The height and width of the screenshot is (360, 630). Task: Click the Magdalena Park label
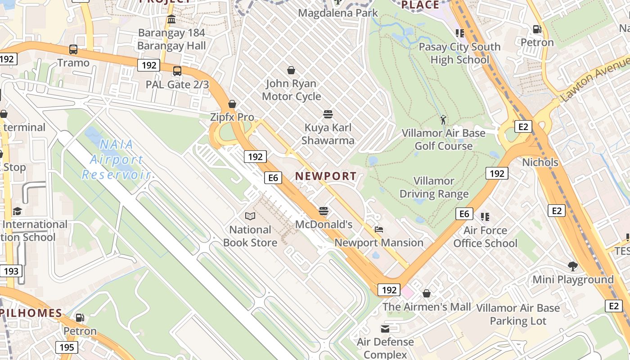tap(338, 13)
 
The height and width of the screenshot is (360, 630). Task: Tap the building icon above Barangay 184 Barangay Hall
tap(171, 19)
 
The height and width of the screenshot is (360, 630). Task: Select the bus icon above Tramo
tap(73, 49)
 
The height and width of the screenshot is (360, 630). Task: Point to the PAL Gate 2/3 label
tap(177, 84)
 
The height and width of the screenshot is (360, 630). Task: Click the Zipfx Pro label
tap(232, 117)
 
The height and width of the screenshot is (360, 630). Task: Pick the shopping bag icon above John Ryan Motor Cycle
tap(291, 70)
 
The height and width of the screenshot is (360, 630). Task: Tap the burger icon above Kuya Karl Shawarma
tap(328, 114)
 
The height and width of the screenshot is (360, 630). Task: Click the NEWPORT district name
tap(326, 176)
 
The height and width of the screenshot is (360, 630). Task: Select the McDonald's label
tap(324, 224)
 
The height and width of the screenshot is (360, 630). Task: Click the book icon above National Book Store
tap(250, 216)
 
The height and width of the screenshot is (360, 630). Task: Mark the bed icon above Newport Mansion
tap(379, 229)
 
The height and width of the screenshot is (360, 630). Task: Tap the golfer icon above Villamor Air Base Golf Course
tap(444, 120)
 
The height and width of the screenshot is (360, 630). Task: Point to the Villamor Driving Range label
tap(434, 188)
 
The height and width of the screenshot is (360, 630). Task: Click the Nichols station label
tap(540, 162)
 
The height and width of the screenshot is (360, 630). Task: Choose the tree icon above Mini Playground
tap(573, 266)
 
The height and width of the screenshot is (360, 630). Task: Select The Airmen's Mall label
tap(427, 307)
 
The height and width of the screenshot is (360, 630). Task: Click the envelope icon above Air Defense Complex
tap(385, 328)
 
